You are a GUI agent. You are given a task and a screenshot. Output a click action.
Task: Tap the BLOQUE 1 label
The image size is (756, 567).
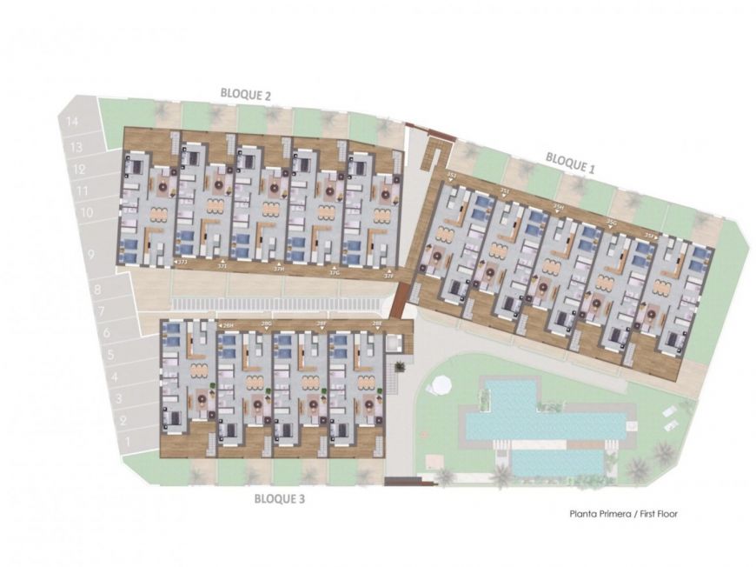tap(570, 163)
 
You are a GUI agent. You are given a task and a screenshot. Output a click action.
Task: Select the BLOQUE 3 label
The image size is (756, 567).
tap(279, 499)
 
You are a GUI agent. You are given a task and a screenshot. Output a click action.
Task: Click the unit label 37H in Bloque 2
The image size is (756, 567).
tap(279, 270)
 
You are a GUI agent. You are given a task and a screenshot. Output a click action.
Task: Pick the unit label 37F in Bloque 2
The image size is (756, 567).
tap(388, 277)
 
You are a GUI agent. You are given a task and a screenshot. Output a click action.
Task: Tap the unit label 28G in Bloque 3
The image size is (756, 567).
tap(266, 324)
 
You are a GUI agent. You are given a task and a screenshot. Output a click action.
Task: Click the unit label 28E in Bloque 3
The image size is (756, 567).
tap(377, 324)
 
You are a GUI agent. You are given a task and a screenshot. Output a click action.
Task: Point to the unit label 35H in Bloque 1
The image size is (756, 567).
tap(558, 207)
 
